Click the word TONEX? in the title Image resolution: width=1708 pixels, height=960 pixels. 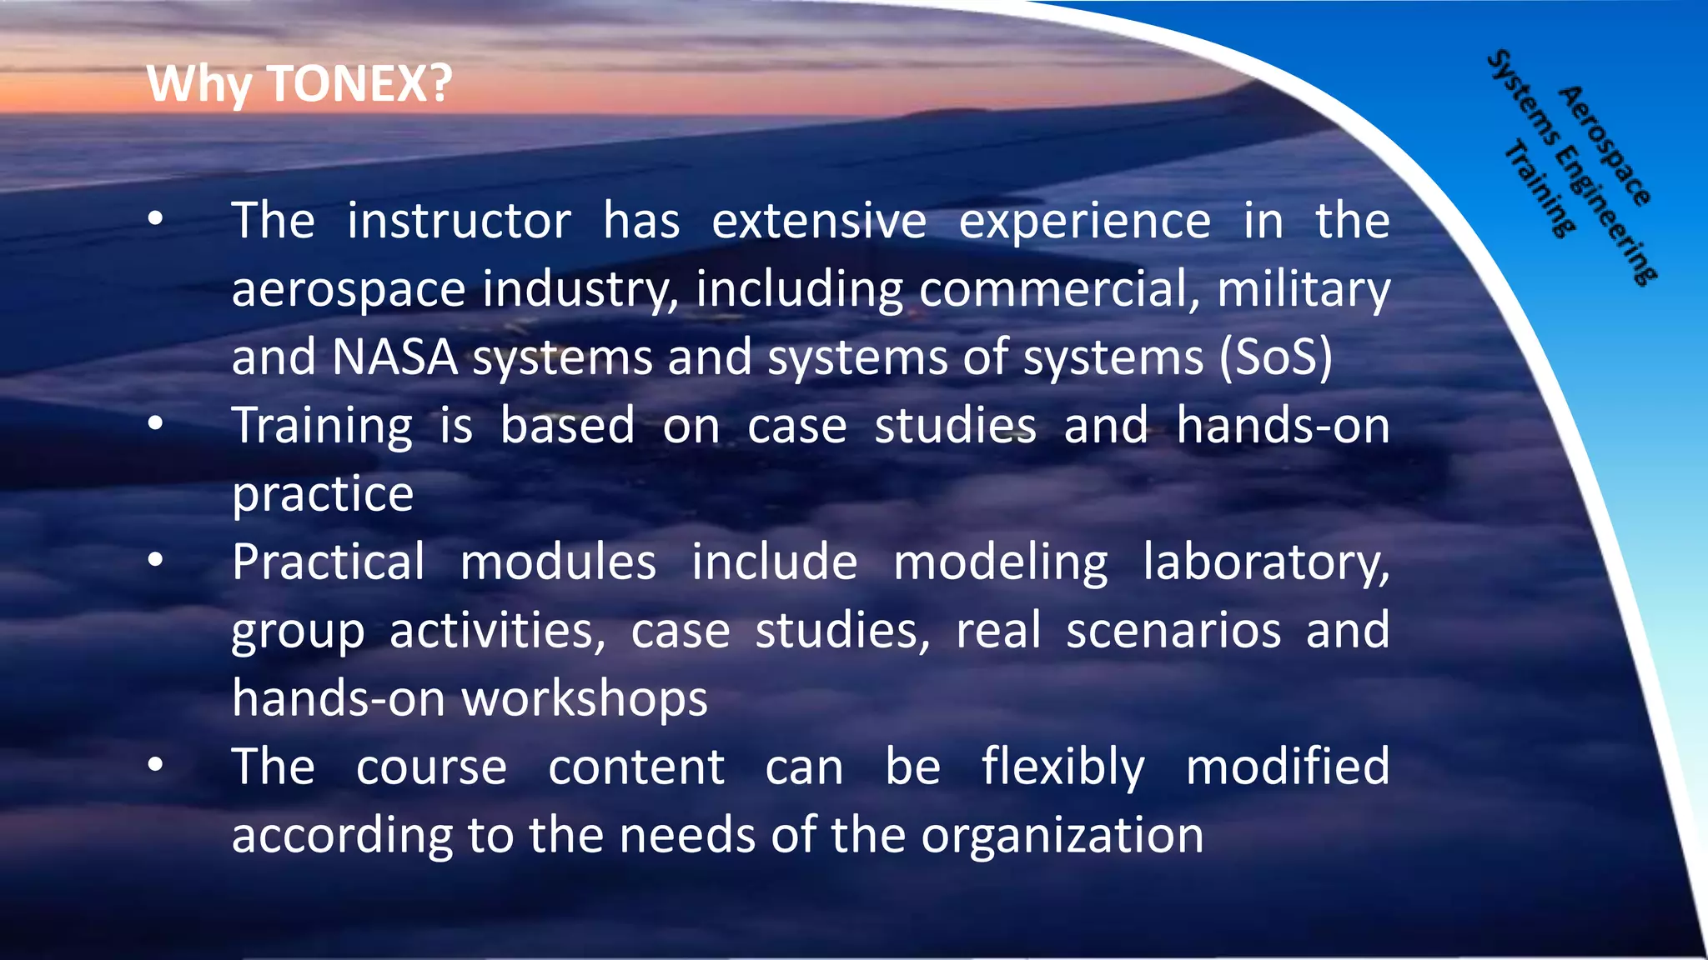click(359, 84)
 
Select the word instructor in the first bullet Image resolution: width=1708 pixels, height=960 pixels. click(459, 221)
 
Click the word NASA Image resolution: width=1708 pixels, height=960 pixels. click(394, 357)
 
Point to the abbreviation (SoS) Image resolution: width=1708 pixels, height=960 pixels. click(1276, 357)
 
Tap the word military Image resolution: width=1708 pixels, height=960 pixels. click(1304, 289)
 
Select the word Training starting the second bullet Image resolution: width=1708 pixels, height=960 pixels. click(322, 427)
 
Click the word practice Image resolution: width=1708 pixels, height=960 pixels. click(323, 494)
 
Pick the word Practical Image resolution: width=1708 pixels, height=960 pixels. click(329, 562)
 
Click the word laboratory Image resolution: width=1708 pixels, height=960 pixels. click(1266, 563)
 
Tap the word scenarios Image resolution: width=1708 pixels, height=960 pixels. click(1173, 630)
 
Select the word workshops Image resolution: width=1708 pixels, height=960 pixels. click(585, 698)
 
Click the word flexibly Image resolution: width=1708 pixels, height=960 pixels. click(1062, 767)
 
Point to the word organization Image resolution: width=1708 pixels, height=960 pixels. click(1062, 835)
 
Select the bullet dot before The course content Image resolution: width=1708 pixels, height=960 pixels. click(155, 765)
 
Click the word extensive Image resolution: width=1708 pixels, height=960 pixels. click(819, 221)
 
